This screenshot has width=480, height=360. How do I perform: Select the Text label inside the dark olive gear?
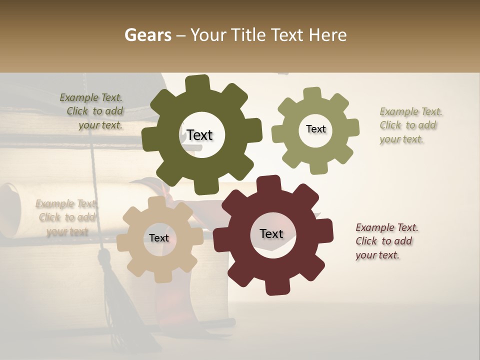199,135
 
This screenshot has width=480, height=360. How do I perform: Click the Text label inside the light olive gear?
315,129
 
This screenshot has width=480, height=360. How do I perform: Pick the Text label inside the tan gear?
159,238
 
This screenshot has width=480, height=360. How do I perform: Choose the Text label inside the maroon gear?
271,233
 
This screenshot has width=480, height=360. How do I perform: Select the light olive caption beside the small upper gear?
410,125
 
